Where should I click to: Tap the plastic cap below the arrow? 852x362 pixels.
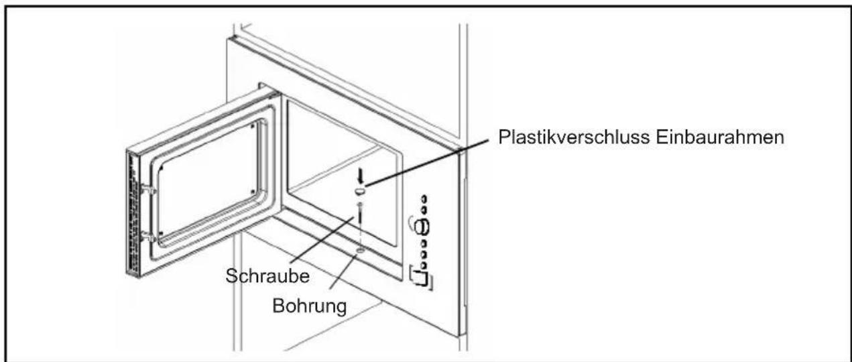360,192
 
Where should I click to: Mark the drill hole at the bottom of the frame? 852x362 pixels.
361,250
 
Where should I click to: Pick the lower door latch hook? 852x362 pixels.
149,235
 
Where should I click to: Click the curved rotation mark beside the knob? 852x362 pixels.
411,221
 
